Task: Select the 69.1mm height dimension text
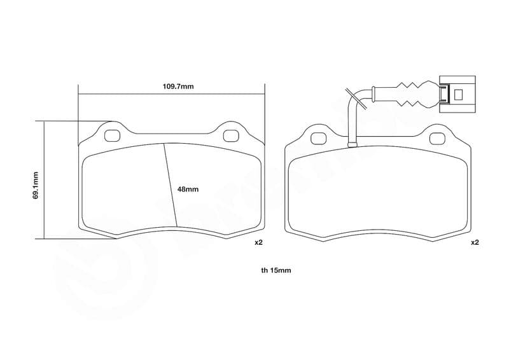(36, 185)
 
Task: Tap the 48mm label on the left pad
(188, 190)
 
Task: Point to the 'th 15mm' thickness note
(275, 270)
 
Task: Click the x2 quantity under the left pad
(258, 242)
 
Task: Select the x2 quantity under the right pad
(475, 242)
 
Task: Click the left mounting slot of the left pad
(113, 135)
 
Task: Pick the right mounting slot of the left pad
(231, 135)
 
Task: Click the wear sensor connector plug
(457, 94)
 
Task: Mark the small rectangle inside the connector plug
(458, 95)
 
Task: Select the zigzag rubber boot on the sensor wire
(410, 93)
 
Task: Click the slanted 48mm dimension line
(171, 184)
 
